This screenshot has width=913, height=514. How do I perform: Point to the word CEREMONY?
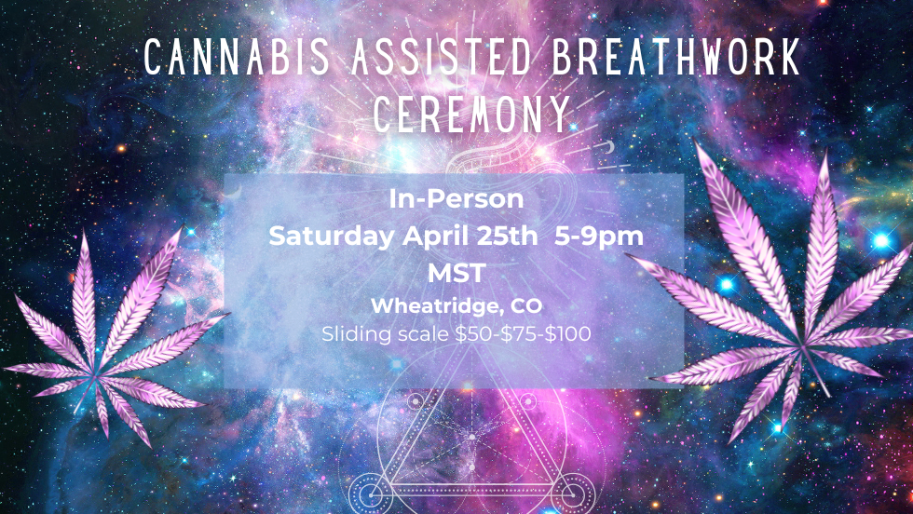471,115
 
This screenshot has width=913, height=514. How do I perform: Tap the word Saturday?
331,236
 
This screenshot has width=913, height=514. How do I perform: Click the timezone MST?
456,274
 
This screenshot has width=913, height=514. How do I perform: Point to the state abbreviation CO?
526,306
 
